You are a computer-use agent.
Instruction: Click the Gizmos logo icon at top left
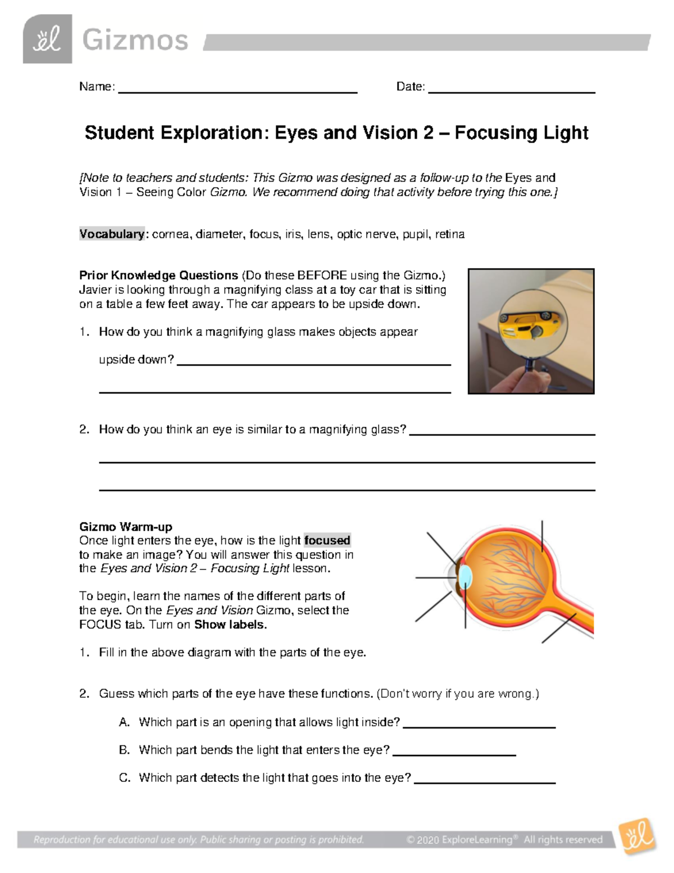point(47,39)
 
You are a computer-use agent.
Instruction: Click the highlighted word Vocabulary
point(112,234)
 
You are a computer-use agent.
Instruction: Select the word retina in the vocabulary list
point(449,234)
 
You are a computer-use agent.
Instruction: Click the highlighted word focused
point(327,540)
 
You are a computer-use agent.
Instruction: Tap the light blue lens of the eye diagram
point(465,577)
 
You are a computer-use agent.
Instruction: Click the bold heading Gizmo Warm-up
point(125,527)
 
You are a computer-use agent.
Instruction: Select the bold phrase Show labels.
point(230,625)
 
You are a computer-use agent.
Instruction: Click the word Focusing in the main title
point(489,133)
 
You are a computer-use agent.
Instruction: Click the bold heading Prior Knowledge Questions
point(158,275)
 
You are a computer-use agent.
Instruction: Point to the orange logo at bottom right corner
point(637,836)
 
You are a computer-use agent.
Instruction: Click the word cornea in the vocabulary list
point(170,234)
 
